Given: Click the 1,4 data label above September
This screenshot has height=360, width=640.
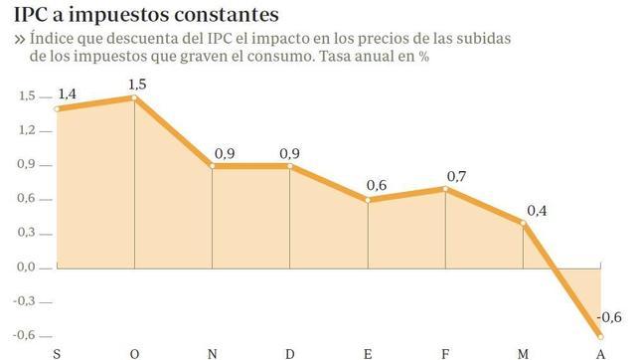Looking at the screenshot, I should point(68,93).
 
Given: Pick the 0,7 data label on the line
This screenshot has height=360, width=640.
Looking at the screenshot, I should point(457,176).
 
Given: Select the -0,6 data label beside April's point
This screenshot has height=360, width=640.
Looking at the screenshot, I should point(609,318).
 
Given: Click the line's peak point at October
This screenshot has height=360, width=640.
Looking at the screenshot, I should point(134,97).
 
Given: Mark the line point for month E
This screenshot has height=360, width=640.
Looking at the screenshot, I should point(368,200).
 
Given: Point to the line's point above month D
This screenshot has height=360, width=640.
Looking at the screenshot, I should point(290,166).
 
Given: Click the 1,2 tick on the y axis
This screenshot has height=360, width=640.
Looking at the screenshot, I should point(27,130).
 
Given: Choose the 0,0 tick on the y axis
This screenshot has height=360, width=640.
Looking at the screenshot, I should point(27,267).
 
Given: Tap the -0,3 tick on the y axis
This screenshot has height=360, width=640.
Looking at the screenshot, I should point(25,300).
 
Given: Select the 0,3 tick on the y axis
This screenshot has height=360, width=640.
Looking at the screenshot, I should point(27,233).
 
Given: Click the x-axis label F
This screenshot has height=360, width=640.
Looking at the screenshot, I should point(446,353).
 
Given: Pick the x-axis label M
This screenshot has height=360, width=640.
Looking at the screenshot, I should point(523,353).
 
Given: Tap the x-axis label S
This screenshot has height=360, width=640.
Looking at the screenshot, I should point(57,353).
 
